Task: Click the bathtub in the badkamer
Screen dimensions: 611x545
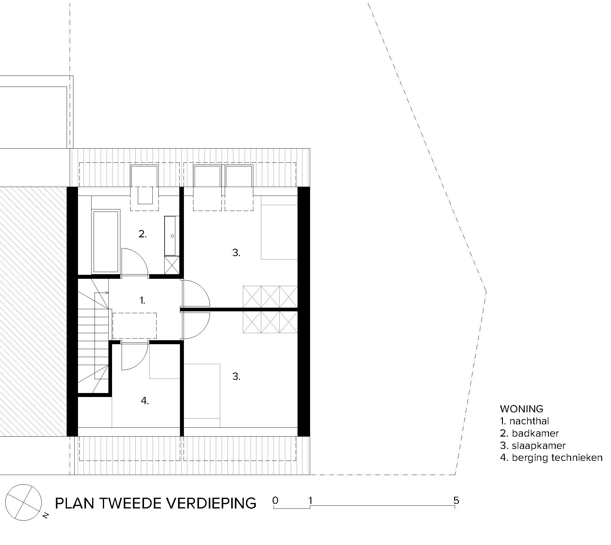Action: click(106, 241)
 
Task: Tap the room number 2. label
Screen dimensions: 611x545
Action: click(142, 234)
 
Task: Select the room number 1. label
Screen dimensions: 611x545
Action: click(142, 301)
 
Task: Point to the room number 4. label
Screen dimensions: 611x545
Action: click(145, 401)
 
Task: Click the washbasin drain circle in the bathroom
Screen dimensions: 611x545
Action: click(172, 236)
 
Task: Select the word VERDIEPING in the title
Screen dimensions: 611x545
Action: click(214, 503)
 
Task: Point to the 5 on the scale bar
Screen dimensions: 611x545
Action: click(456, 500)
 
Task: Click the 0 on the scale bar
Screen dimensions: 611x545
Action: click(275, 500)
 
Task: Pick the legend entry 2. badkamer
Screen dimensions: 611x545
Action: click(529, 433)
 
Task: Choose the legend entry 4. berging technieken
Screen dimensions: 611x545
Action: click(551, 457)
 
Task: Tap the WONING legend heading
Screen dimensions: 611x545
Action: click(522, 409)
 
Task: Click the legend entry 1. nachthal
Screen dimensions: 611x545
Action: click(524, 421)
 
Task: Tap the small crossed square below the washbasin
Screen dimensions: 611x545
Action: click(172, 265)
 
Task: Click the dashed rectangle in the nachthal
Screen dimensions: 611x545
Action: click(134, 325)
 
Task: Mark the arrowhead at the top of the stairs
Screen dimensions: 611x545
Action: click(107, 292)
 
